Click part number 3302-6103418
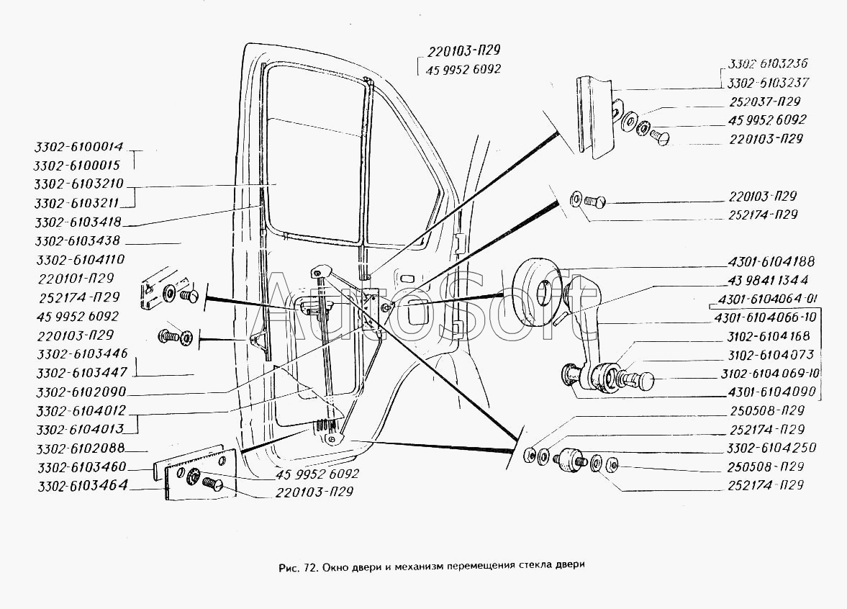(78, 222)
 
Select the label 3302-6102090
(81, 391)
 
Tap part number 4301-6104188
(771, 261)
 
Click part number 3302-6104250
(771, 448)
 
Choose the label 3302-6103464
(83, 485)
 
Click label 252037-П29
(764, 101)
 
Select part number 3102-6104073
(770, 355)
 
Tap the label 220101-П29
(76, 279)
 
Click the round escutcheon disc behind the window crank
(535, 291)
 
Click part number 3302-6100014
(79, 146)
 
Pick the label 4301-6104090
(772, 391)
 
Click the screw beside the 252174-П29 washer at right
(596, 202)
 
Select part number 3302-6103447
(82, 372)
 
